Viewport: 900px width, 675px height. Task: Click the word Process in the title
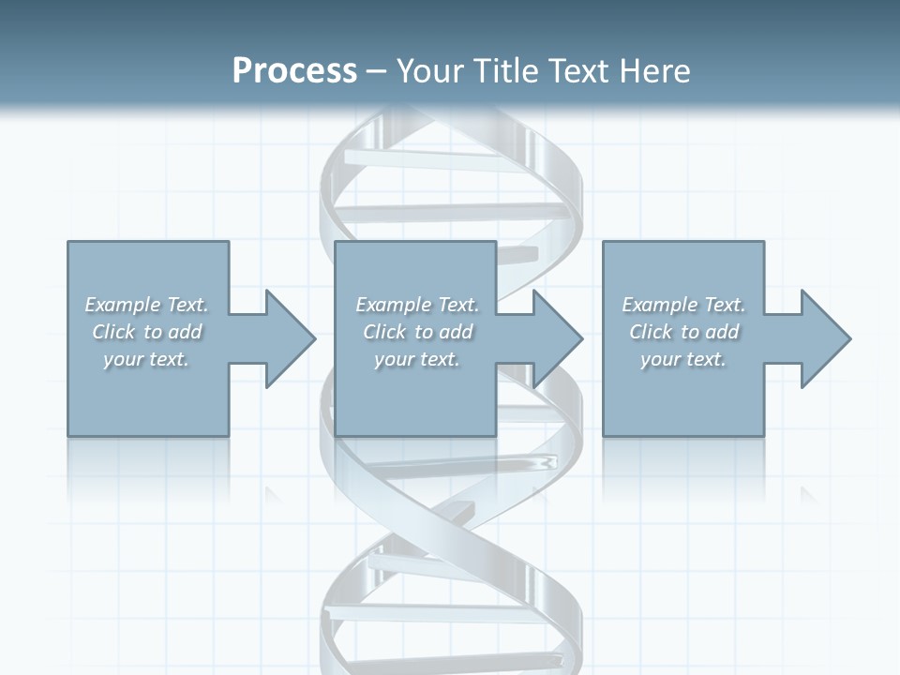(294, 71)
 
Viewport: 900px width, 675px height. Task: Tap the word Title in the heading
(508, 71)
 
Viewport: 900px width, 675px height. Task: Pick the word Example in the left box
(122, 305)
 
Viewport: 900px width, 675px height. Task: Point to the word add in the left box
(186, 332)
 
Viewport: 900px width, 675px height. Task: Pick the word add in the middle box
(457, 332)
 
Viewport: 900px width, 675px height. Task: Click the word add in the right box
(723, 332)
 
